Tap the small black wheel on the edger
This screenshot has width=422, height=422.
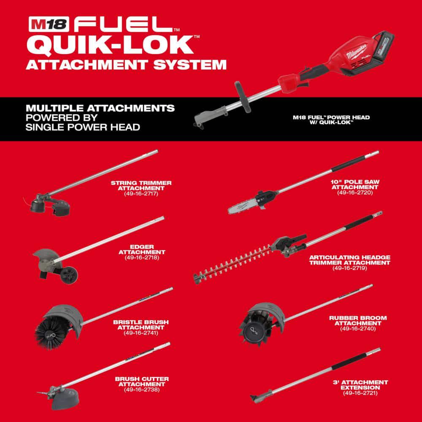coord(69,275)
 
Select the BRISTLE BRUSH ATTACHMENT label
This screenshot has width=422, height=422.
coord(141,325)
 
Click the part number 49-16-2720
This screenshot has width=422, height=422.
coord(355,192)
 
